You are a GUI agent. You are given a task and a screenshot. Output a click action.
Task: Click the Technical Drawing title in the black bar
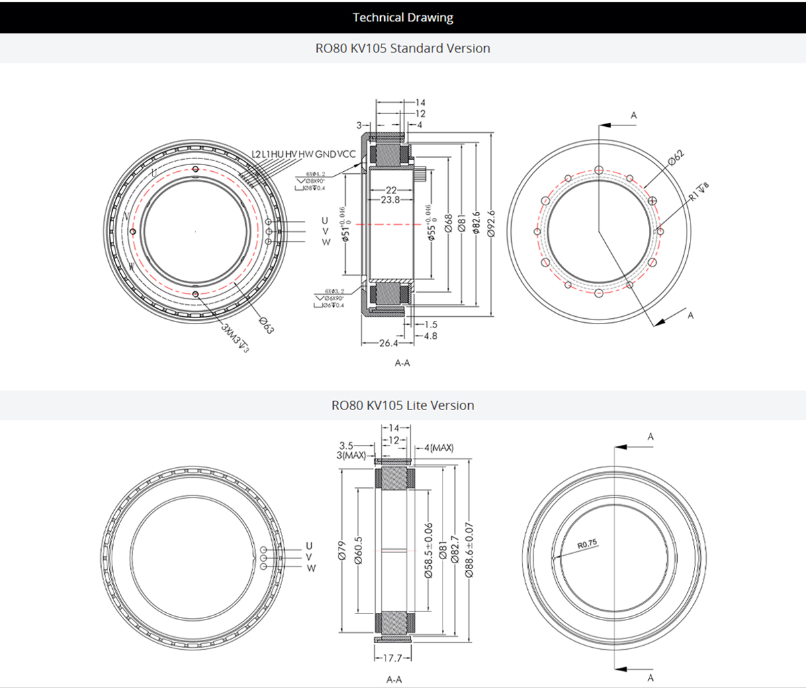(x=403, y=17)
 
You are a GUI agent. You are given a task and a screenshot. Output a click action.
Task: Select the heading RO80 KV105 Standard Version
(x=403, y=48)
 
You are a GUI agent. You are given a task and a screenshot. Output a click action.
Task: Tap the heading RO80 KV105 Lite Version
(x=403, y=405)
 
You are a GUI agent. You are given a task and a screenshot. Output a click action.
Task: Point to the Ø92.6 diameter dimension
(x=491, y=224)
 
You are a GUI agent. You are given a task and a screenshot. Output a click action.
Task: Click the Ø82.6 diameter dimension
(x=476, y=224)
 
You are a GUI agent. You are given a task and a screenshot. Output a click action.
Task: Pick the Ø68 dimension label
(x=447, y=224)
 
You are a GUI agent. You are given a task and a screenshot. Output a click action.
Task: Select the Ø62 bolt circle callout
(x=676, y=158)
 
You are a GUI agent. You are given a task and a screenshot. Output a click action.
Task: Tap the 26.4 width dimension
(x=388, y=343)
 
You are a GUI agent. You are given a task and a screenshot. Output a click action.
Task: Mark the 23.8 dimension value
(x=390, y=200)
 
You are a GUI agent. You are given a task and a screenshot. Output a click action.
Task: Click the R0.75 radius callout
(x=587, y=544)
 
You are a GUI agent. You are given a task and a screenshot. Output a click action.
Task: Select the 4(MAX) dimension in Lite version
(x=439, y=448)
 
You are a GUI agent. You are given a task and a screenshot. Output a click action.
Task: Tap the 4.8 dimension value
(x=431, y=336)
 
